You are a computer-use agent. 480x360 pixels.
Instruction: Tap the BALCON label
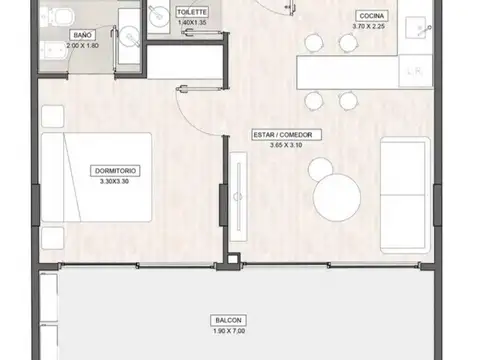[227, 321]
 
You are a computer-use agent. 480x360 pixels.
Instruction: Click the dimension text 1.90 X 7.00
[227, 330]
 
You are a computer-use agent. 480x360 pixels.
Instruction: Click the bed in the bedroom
[97, 178]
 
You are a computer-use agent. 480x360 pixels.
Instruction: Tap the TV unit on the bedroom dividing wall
[238, 199]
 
